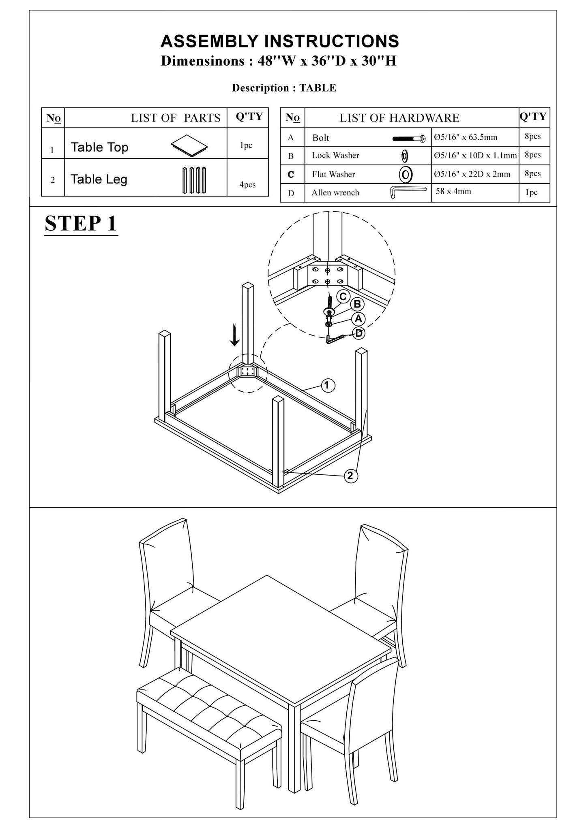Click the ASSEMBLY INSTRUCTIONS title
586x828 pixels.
(280, 41)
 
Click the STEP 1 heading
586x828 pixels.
(81, 223)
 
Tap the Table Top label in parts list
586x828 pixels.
(99, 147)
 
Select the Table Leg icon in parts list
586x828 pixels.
(194, 180)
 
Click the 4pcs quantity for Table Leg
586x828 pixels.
(247, 185)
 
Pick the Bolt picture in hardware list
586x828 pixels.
(409, 139)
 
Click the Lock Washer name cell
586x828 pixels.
(335, 156)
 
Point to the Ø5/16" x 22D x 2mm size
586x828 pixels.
(472, 174)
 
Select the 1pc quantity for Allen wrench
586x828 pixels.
(531, 192)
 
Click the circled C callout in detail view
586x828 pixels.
(343, 297)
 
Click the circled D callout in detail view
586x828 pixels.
(359, 333)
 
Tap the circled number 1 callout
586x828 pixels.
(328, 385)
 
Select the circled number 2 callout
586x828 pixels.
(350, 476)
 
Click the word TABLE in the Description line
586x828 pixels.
(318, 88)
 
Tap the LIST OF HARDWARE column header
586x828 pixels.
(399, 118)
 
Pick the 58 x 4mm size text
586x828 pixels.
(453, 191)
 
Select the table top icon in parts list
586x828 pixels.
(189, 143)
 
